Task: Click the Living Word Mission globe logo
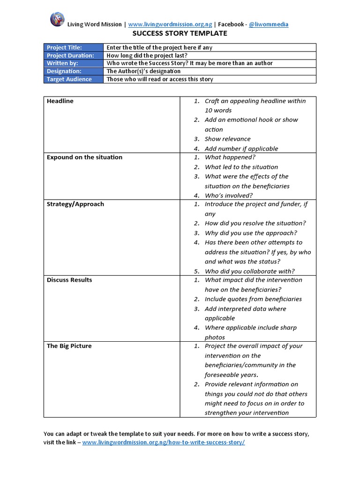57,19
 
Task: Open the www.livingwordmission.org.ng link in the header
170,24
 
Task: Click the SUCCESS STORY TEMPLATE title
180,33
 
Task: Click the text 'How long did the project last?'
147,55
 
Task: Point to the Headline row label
60,101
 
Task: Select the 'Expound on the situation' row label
84,157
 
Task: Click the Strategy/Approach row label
75,204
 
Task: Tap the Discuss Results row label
69,280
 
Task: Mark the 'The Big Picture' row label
69,346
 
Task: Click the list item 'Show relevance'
227,139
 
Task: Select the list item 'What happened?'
230,157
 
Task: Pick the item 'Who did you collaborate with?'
249,271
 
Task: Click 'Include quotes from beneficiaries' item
253,300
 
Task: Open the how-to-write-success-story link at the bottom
164,442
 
